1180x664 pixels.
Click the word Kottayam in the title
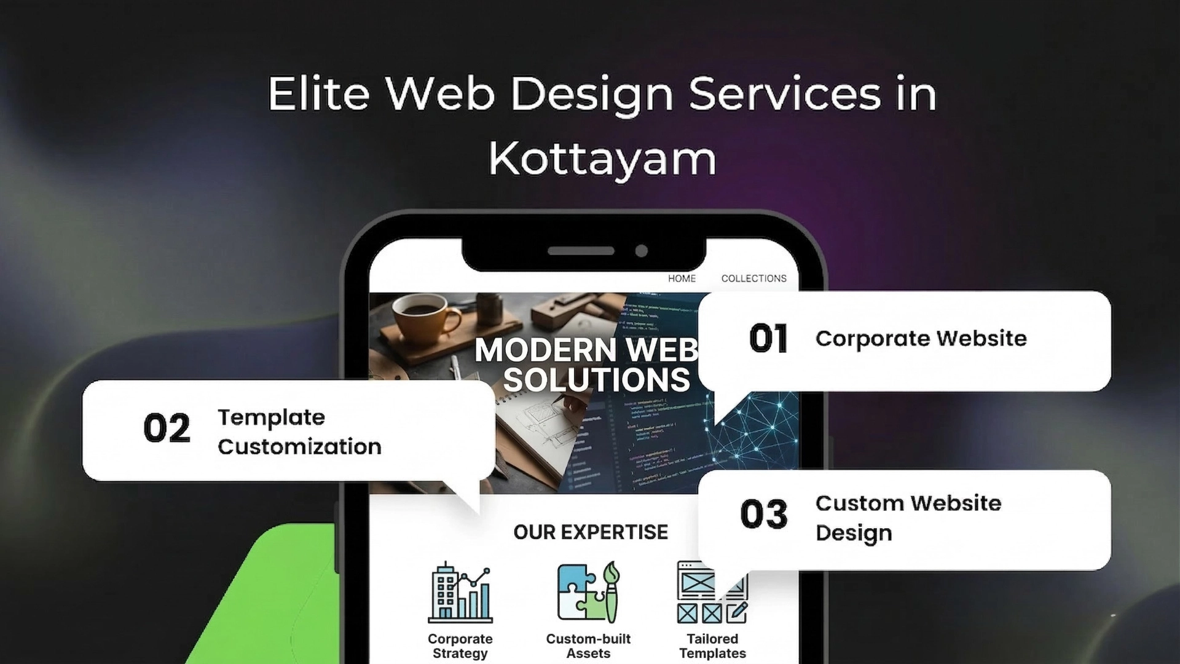[602, 159]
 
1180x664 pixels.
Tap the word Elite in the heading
[318, 94]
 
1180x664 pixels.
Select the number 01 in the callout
[768, 339]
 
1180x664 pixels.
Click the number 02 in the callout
[167, 429]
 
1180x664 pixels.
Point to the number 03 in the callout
[764, 514]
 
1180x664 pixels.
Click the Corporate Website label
[921, 339]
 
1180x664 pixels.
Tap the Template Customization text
[299, 432]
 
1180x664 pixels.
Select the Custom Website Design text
[908, 518]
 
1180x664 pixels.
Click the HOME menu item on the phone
[682, 279]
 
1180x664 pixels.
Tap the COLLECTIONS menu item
[753, 279]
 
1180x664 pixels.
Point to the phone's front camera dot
[642, 251]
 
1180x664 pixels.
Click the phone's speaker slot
[581, 251]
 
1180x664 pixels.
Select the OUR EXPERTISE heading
[590, 532]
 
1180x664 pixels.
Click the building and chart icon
[460, 593]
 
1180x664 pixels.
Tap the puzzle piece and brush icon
[588, 591]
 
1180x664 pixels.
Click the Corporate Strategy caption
[460, 646]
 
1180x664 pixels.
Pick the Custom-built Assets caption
[588, 646]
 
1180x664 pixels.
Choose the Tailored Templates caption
[712, 646]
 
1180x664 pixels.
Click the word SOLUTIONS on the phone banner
[596, 379]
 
